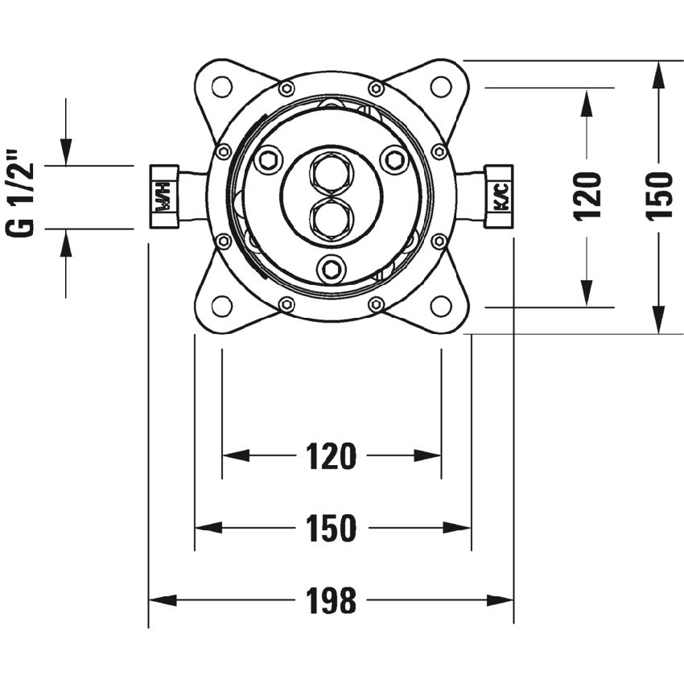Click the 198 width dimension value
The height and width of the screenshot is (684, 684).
coord(331,600)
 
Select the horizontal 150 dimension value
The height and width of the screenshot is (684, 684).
coord(331,528)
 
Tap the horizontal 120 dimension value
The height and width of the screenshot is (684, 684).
coord(331,456)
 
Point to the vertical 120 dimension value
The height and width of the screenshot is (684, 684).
coord(588,196)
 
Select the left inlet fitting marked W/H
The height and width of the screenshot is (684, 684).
coord(164,196)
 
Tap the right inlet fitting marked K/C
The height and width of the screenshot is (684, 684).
coord(500,196)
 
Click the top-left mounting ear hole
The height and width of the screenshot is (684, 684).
coord(220,86)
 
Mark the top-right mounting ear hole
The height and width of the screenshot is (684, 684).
coord(441,86)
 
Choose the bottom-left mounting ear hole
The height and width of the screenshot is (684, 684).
coord(220,306)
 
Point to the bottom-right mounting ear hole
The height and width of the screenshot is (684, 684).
coord(441,306)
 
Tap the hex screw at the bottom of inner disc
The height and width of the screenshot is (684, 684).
coord(331,269)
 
